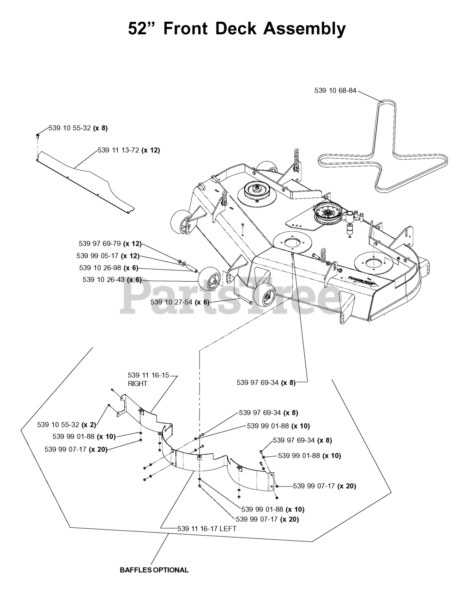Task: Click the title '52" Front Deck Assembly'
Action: [236, 29]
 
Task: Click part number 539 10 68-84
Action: [335, 91]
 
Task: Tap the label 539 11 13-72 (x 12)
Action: [129, 150]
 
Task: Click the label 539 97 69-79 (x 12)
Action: [110, 244]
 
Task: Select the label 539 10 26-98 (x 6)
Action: [109, 268]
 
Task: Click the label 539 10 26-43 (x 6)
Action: [112, 279]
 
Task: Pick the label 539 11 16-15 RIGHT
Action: [148, 379]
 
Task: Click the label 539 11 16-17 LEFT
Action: [207, 528]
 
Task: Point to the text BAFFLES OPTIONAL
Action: [154, 570]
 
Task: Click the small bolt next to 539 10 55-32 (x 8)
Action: [38, 135]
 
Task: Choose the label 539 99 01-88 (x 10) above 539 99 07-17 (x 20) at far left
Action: [84, 436]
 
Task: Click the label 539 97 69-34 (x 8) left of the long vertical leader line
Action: [266, 382]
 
